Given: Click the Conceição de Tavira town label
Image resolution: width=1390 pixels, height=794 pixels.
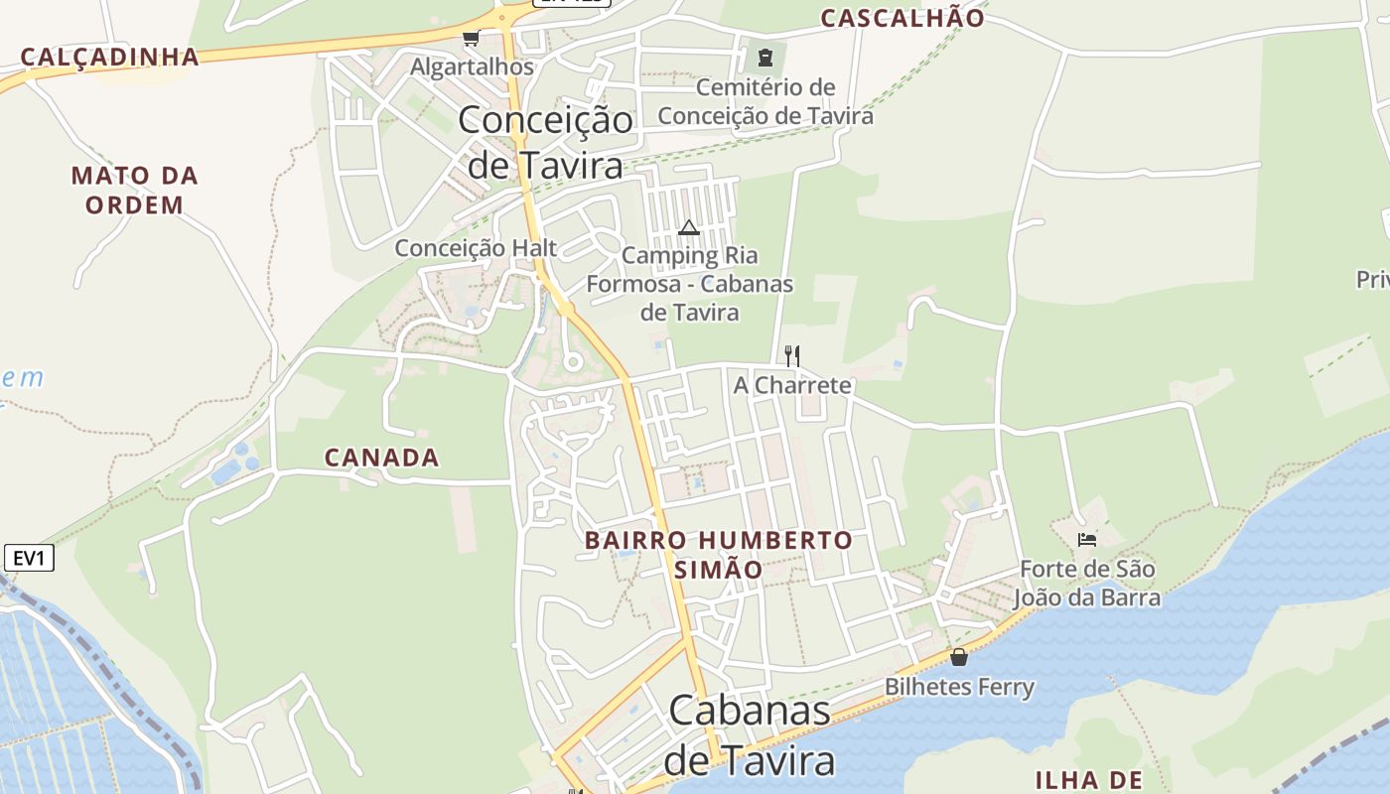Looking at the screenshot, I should point(545,142).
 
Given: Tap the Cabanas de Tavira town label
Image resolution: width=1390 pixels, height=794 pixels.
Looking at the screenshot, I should point(750,735).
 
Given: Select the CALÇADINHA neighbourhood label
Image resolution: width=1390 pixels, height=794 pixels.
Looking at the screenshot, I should point(109,57).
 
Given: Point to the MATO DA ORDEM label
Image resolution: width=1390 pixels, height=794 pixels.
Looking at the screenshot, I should point(135,191).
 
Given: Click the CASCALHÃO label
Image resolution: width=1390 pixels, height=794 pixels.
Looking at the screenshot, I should point(903,18).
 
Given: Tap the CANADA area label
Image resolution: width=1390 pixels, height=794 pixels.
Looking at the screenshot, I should point(382,458).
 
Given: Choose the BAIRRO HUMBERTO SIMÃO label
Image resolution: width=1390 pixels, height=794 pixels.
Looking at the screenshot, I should point(718,555).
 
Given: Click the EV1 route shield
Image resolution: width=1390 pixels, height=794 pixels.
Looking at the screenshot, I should point(29,559).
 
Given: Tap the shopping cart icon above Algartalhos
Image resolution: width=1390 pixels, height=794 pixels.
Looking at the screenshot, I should point(471,39).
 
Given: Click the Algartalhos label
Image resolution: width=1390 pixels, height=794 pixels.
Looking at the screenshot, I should point(473,67).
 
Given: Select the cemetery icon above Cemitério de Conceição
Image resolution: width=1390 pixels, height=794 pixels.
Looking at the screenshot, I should point(764,58).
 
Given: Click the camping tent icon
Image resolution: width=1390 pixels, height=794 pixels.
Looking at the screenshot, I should point(689,228).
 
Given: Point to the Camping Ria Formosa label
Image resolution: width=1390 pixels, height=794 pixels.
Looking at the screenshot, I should point(690,284).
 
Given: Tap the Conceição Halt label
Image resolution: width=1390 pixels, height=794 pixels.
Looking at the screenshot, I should point(476,248).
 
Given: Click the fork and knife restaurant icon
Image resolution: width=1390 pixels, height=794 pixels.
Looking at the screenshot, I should point(792,355).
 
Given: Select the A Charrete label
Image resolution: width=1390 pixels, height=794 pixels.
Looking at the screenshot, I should point(792,385).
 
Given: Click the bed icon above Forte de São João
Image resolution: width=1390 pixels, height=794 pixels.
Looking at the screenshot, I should point(1087,540).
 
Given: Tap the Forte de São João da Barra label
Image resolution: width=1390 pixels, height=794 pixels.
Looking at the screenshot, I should point(1087,584).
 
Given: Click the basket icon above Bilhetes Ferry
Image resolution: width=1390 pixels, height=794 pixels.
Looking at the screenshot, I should point(959,657).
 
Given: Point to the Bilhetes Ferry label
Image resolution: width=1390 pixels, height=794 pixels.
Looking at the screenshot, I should point(959,687).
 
